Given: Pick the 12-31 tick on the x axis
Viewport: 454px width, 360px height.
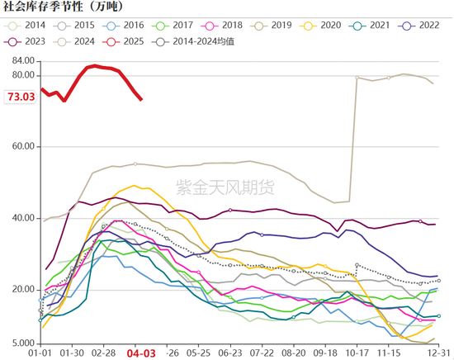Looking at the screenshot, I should point(437,352).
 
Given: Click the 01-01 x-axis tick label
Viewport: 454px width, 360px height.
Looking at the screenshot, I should point(40,352).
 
